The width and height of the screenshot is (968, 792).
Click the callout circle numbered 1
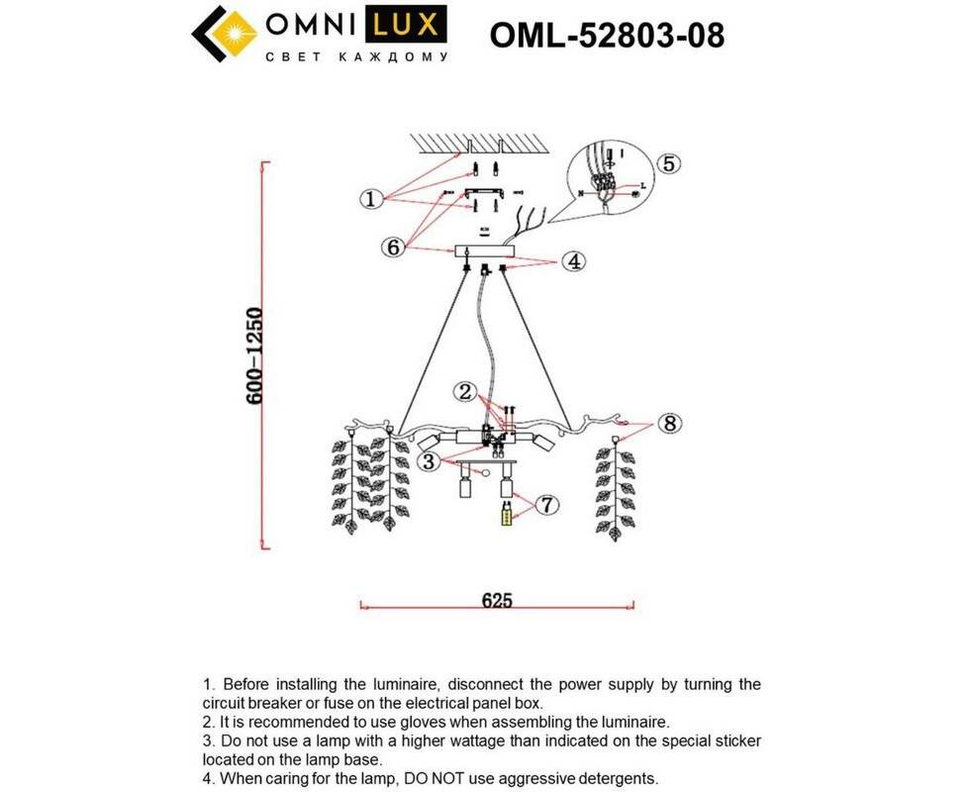[370, 199]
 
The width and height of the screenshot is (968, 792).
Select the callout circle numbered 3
[428, 460]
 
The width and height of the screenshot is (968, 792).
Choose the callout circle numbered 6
[394, 247]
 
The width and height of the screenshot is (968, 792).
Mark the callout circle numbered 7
[546, 505]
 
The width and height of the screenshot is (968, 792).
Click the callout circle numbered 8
[670, 424]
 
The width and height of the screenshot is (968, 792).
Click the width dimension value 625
[497, 601]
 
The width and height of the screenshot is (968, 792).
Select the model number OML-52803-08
[607, 37]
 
